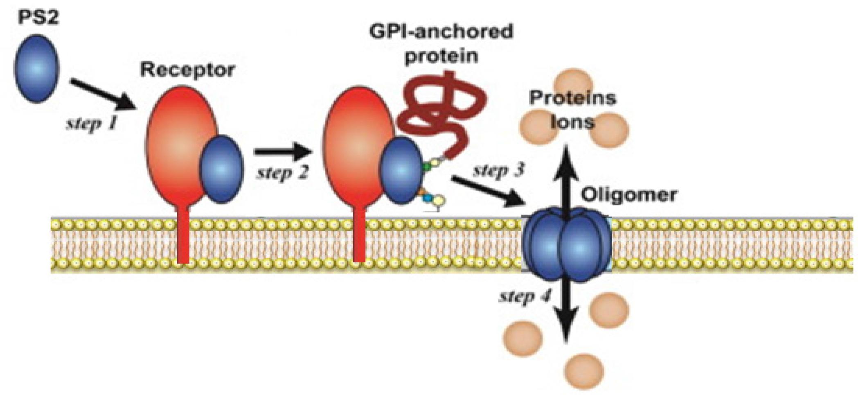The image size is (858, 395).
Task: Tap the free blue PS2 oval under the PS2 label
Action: [37, 68]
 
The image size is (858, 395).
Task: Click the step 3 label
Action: [498, 169]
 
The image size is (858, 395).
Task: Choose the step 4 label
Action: [525, 296]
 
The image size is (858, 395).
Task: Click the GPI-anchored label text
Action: [441, 32]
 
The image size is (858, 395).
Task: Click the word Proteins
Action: [572, 98]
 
